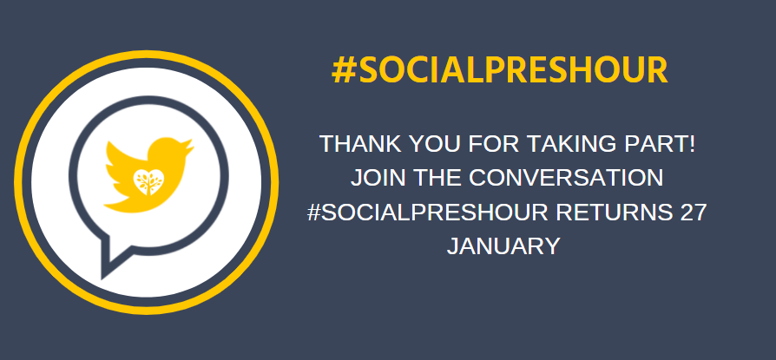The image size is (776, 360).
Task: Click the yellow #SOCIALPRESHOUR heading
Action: click(x=500, y=70)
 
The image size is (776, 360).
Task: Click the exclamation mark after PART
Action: click(x=693, y=144)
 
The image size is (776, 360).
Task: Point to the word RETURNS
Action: click(x=611, y=212)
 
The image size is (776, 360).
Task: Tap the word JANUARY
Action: click(x=503, y=245)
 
